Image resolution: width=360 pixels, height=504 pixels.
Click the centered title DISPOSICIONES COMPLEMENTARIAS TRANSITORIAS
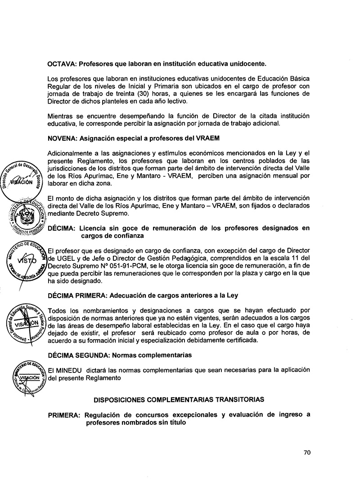tap(179, 400)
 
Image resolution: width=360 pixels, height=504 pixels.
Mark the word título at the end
tap(174, 422)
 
